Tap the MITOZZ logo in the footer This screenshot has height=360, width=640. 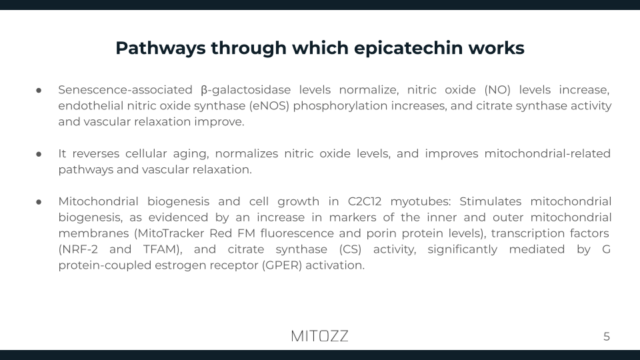pyautogui.click(x=320, y=336)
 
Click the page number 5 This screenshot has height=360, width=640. pyautogui.click(x=607, y=337)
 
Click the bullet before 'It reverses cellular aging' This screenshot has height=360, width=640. pyautogui.click(x=39, y=154)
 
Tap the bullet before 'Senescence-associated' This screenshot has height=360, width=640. pyautogui.click(x=39, y=90)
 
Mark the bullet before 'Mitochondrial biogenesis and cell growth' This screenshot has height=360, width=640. pyautogui.click(x=39, y=202)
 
